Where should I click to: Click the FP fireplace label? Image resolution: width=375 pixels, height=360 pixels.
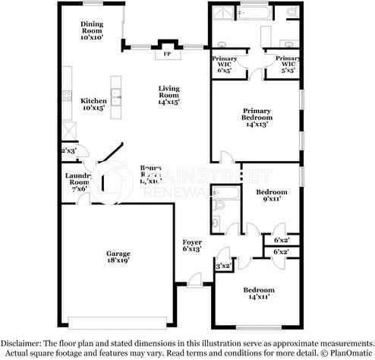pyautogui.click(x=165, y=54)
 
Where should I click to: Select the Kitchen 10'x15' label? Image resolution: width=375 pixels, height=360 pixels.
pyautogui.click(x=94, y=104)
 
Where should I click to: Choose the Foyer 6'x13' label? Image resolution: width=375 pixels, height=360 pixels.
pyautogui.click(x=191, y=245)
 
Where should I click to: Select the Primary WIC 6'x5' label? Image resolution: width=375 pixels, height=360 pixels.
pyautogui.click(x=225, y=62)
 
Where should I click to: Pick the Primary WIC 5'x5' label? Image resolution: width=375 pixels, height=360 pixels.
pyautogui.click(x=288, y=62)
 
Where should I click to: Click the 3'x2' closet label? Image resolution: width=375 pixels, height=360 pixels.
pyautogui.click(x=223, y=266)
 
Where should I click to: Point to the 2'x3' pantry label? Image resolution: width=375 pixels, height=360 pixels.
pyautogui.click(x=68, y=150)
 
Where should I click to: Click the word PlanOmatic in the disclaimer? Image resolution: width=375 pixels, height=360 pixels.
pyautogui.click(x=350, y=353)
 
